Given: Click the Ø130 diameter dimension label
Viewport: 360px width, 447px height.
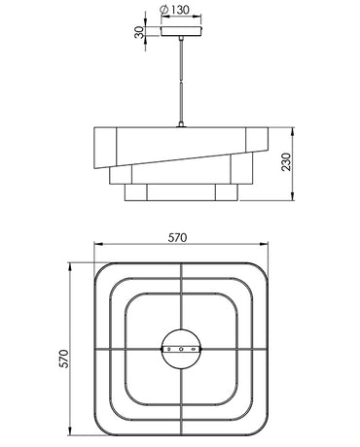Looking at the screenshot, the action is tap(174, 10).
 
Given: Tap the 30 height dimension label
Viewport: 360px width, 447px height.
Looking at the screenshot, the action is tap(139, 32).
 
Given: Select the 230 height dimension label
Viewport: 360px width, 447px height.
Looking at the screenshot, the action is tap(286, 162).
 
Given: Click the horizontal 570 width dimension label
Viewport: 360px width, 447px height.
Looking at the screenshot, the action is tap(178, 238).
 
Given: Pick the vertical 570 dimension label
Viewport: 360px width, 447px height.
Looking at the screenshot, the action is tap(64, 359).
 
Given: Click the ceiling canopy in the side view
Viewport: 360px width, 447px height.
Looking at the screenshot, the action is tap(181, 31).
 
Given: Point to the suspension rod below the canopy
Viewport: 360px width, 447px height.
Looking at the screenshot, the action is tap(181, 81).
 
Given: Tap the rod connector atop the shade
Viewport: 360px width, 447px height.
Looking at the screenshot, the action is tap(181, 124).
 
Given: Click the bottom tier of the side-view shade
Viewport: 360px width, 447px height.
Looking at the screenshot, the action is tap(181, 192).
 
